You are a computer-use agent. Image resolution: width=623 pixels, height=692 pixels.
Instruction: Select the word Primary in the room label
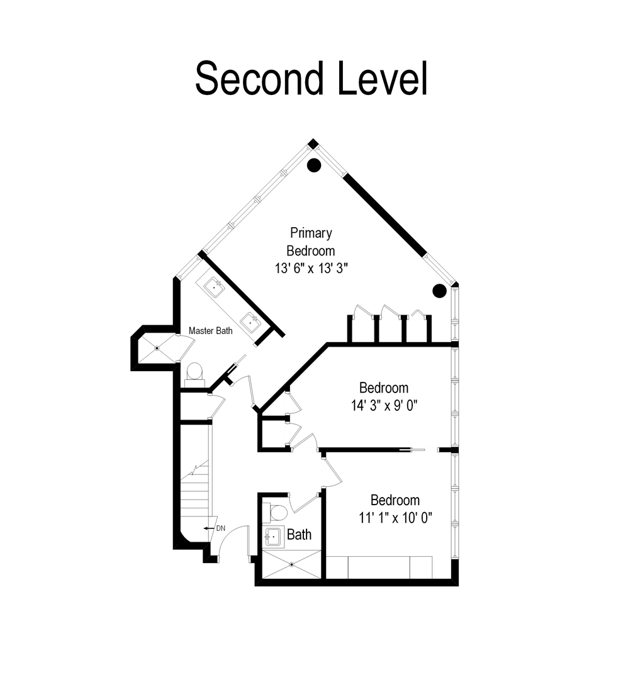point(310,233)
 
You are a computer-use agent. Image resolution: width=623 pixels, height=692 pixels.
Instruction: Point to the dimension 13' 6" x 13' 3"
point(311,268)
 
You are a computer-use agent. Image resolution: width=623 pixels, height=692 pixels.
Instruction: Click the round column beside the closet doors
point(439,291)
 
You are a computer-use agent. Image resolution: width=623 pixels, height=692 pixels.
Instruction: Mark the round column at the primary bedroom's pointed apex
point(314,165)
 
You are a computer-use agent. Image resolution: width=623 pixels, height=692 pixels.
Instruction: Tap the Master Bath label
point(210,330)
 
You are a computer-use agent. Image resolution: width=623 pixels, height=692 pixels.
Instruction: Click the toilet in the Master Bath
point(194,371)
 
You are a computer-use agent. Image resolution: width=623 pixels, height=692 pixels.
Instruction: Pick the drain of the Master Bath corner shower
point(157,347)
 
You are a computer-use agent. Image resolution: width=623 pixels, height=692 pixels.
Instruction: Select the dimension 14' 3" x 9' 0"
point(384,405)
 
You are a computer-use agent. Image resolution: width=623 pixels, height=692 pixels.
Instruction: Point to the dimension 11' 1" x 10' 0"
point(395,518)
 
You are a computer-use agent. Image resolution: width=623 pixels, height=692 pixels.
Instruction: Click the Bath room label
point(299,535)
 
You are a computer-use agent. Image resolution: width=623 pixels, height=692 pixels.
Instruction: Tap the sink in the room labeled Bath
point(273,537)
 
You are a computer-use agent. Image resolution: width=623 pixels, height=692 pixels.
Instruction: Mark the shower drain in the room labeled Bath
point(292,564)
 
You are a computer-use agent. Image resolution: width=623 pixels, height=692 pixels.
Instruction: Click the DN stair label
point(220,528)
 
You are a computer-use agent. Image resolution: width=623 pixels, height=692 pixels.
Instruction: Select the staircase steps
point(195,491)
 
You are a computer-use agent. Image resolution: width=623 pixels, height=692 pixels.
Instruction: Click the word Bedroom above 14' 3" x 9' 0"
point(384,388)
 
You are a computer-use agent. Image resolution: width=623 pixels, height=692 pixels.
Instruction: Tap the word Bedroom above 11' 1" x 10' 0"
point(395,500)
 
